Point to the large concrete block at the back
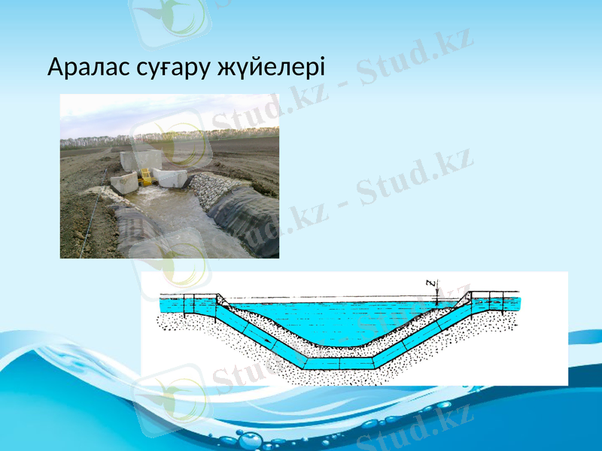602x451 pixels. click(x=141, y=159)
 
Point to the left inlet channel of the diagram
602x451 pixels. click(x=188, y=304)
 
